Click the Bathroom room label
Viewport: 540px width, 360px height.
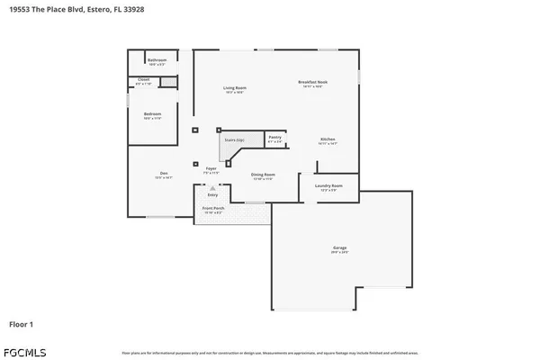pyautogui.click(x=157, y=60)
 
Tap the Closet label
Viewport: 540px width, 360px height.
pyautogui.click(x=142, y=80)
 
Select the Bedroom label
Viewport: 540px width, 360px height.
pyautogui.click(x=152, y=114)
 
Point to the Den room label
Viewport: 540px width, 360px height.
pyautogui.click(x=164, y=173)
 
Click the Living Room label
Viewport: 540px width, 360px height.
pyautogui.click(x=235, y=87)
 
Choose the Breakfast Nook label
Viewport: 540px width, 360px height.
pyautogui.click(x=313, y=82)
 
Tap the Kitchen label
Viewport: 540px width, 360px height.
pyautogui.click(x=328, y=139)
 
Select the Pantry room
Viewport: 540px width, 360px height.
pyautogui.click(x=274, y=139)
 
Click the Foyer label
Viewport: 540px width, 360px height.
pyautogui.click(x=211, y=168)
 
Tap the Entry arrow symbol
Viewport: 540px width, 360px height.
pyautogui.click(x=212, y=187)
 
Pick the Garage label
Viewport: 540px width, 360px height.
pyautogui.click(x=340, y=247)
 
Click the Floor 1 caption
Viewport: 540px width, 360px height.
pyautogui.click(x=22, y=322)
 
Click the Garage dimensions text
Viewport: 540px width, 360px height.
pyautogui.click(x=340, y=252)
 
